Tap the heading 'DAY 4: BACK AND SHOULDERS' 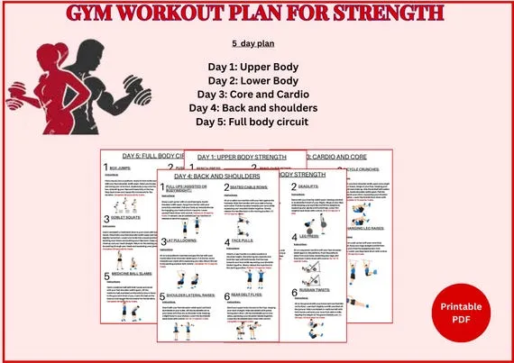(217, 176)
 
